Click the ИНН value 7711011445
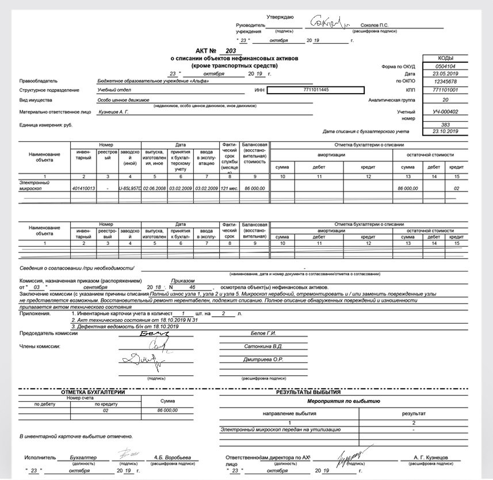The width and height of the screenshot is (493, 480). point(315,90)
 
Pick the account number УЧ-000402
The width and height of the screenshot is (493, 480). point(445,112)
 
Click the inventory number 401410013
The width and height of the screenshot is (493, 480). point(84,189)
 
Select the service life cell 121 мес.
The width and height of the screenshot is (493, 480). point(229,189)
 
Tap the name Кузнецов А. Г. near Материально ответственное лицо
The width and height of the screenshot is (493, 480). point(114,112)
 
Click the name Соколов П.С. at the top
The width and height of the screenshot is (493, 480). point(370,26)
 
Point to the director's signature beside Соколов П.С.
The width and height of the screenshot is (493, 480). point(329,23)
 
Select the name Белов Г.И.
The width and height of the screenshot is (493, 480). point(265,334)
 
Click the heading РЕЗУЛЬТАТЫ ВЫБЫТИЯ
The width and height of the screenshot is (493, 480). point(311,392)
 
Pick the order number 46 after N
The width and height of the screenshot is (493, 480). point(192,286)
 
